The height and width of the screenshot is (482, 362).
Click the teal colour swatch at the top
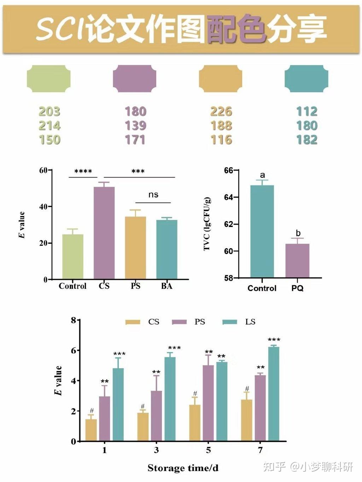click(x=306, y=78)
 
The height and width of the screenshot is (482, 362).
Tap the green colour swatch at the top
click(x=49, y=78)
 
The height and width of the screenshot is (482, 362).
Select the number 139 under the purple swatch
click(x=135, y=125)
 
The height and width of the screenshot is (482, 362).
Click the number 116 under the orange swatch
click(x=221, y=140)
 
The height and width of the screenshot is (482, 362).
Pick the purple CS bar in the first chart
click(x=104, y=233)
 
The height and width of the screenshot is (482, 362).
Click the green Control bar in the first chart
click(x=73, y=257)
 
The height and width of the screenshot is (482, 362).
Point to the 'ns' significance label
click(x=153, y=195)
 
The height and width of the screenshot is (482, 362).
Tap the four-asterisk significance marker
click(x=83, y=172)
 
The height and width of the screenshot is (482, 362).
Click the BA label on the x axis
click(x=167, y=286)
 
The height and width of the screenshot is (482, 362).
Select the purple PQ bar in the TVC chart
click(x=297, y=261)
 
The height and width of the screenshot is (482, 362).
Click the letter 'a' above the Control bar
click(x=262, y=175)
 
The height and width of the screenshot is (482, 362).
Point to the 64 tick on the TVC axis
click(x=228, y=197)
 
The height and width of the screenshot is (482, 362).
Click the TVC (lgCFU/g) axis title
click(x=207, y=224)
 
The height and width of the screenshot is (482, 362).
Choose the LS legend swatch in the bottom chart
click(x=230, y=322)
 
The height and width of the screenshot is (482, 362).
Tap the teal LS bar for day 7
click(x=274, y=394)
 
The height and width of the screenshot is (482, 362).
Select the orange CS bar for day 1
click(x=91, y=430)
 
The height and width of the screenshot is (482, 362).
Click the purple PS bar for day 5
click(x=208, y=403)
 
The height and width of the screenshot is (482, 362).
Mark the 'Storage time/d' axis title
click(x=183, y=468)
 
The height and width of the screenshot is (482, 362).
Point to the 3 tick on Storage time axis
click(x=156, y=450)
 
